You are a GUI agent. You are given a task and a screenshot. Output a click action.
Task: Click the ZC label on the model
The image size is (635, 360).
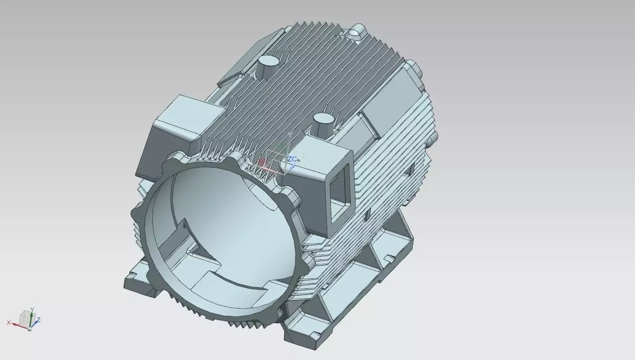point(292,159)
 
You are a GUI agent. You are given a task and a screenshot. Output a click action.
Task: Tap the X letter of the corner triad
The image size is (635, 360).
point(9,322)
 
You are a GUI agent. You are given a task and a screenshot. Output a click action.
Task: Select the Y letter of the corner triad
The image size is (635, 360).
point(32,309)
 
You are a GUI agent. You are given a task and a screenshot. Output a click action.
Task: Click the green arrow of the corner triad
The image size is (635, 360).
point(31,317)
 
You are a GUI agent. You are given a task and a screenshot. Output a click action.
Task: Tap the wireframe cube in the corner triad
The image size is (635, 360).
point(25,317)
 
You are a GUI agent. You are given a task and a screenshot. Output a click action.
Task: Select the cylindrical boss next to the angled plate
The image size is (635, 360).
point(268,65)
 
